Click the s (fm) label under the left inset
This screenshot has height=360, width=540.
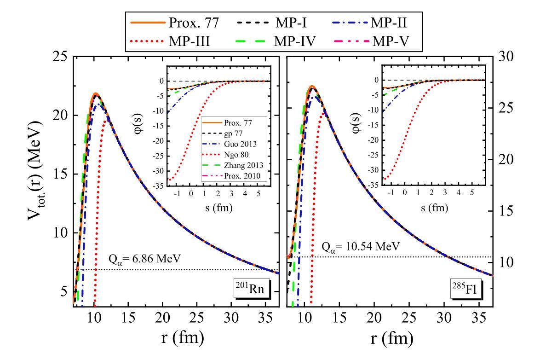pyautogui.click(x=218, y=208)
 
